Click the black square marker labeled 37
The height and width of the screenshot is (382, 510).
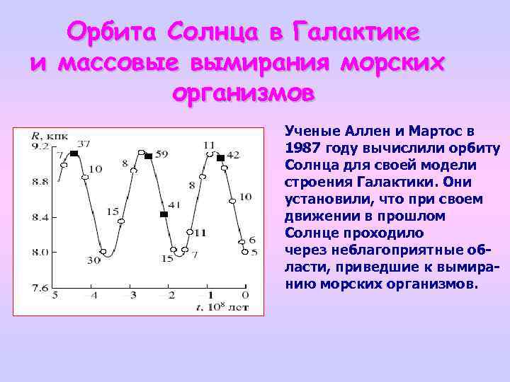click(74, 154)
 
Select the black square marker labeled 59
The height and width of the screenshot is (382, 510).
click(149, 156)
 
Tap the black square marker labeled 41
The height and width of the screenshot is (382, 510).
click(164, 214)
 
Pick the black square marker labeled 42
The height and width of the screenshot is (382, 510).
click(220, 158)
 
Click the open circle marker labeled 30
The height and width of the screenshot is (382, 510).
click(103, 252)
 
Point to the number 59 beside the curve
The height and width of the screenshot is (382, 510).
click(162, 154)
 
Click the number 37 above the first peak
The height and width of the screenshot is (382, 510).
click(84, 144)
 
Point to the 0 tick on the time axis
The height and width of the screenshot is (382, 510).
click(245, 295)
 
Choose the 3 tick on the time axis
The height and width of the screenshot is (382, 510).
click(132, 295)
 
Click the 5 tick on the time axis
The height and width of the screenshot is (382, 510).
click(55, 295)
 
